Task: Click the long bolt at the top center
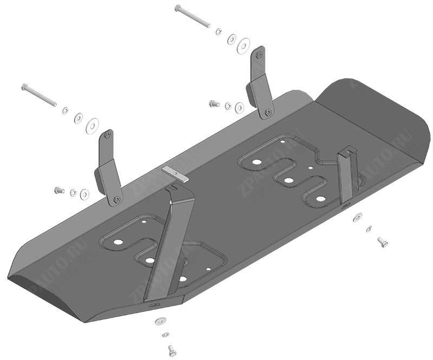192,16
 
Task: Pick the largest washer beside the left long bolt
93,126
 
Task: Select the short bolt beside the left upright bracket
58,190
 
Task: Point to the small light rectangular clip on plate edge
175,173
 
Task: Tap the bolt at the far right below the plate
382,242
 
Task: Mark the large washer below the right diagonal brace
357,218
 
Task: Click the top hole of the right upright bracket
259,54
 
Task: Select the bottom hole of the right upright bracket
268,112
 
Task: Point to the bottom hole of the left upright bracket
116,200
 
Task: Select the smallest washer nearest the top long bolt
218,31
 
